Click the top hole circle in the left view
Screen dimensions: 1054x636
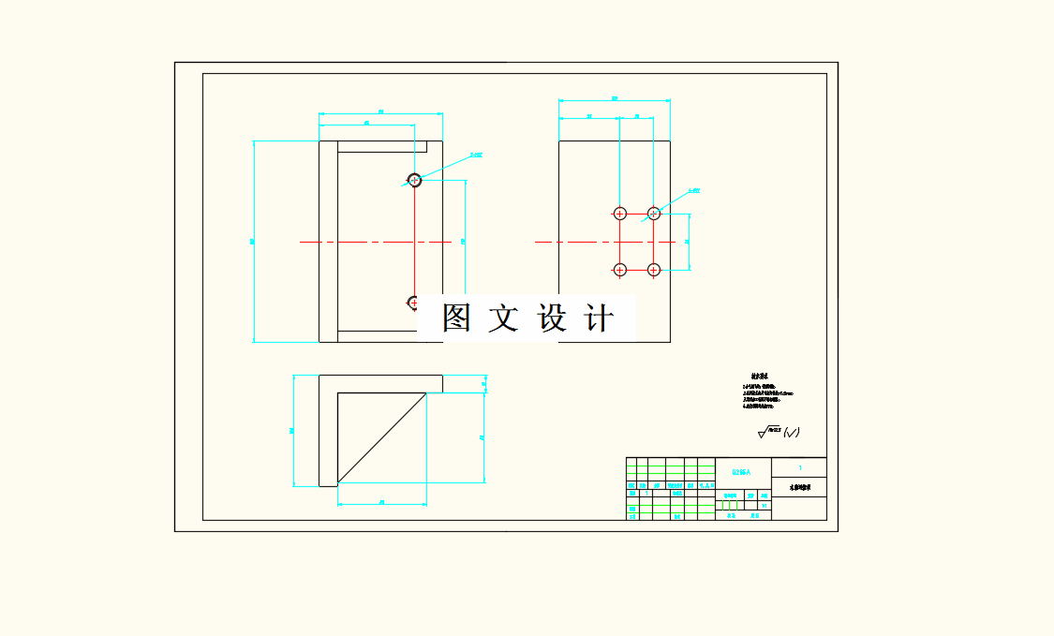[414, 180]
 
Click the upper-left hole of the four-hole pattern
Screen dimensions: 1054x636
[619, 214]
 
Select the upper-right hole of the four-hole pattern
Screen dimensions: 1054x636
[654, 214]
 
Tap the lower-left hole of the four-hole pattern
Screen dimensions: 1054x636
[619, 270]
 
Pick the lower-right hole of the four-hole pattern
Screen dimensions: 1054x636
[654, 270]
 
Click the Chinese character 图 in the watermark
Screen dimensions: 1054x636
[456, 318]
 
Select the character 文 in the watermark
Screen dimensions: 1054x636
[503, 318]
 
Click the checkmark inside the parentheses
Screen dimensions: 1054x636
[792, 432]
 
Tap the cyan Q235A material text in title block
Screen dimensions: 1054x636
[742, 473]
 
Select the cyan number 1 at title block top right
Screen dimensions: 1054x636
[799, 466]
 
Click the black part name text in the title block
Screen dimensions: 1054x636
[798, 488]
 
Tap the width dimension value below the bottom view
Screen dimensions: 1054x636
[382, 502]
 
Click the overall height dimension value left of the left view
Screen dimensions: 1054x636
[252, 242]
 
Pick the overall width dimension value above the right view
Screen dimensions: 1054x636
[615, 97]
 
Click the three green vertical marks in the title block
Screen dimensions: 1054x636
[731, 505]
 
